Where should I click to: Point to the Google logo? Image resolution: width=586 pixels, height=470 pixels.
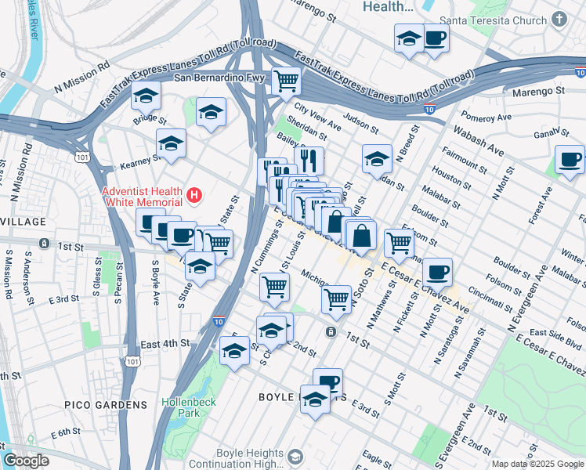tap(26, 461)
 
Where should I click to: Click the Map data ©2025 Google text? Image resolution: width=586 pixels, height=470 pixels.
tap(537, 464)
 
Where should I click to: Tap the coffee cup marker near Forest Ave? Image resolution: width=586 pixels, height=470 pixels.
tap(570, 160)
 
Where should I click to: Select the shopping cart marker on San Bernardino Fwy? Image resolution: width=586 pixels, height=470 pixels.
tap(287, 79)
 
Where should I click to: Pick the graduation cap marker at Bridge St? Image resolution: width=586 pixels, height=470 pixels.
tap(146, 96)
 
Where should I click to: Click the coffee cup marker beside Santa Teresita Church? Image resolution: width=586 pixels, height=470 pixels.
tap(435, 38)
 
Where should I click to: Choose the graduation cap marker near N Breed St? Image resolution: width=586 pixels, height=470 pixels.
tap(377, 157)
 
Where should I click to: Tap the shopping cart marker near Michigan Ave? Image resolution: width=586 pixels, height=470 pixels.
tap(336, 298)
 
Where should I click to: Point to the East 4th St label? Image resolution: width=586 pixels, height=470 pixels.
tap(165, 343)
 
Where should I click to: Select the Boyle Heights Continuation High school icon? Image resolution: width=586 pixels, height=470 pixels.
tap(295, 457)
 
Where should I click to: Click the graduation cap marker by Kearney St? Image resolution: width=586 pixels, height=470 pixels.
tap(171, 143)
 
